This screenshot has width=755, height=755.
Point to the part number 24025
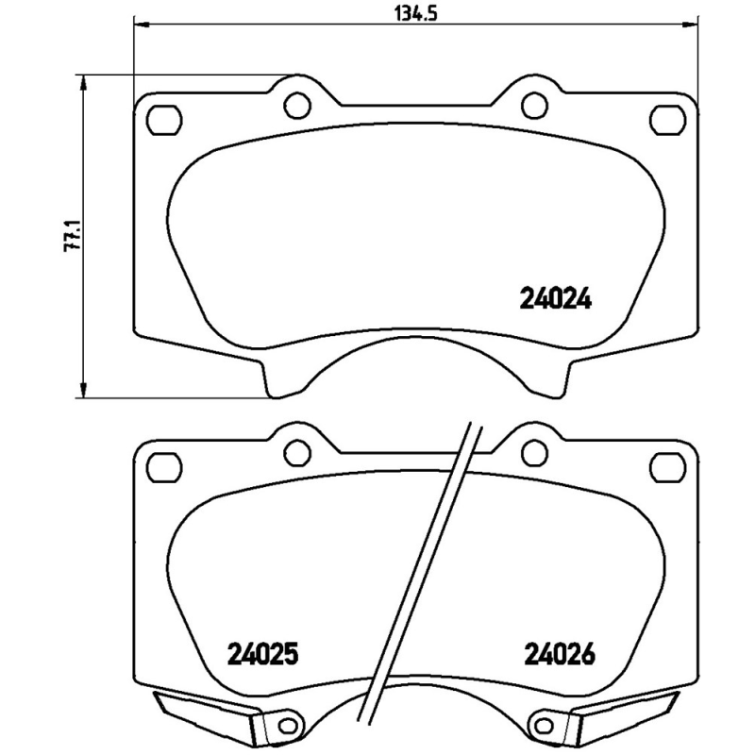click(263, 652)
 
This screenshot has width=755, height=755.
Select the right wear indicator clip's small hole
click(542, 726)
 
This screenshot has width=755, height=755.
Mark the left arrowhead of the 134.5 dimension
click(141, 25)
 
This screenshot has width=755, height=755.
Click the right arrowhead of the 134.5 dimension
click(692, 25)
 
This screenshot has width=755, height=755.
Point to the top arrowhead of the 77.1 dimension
click(86, 81)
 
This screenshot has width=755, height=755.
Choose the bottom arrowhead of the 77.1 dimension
click(86, 392)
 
